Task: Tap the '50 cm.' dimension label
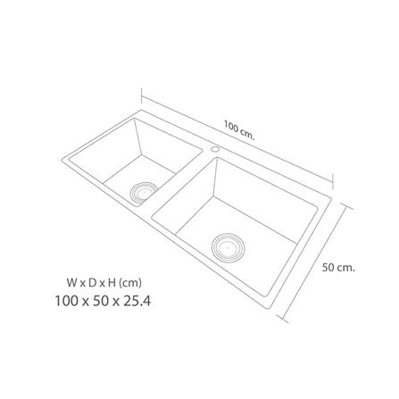tap(339, 267)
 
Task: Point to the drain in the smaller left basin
tap(143, 189)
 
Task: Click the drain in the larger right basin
tap(227, 244)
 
